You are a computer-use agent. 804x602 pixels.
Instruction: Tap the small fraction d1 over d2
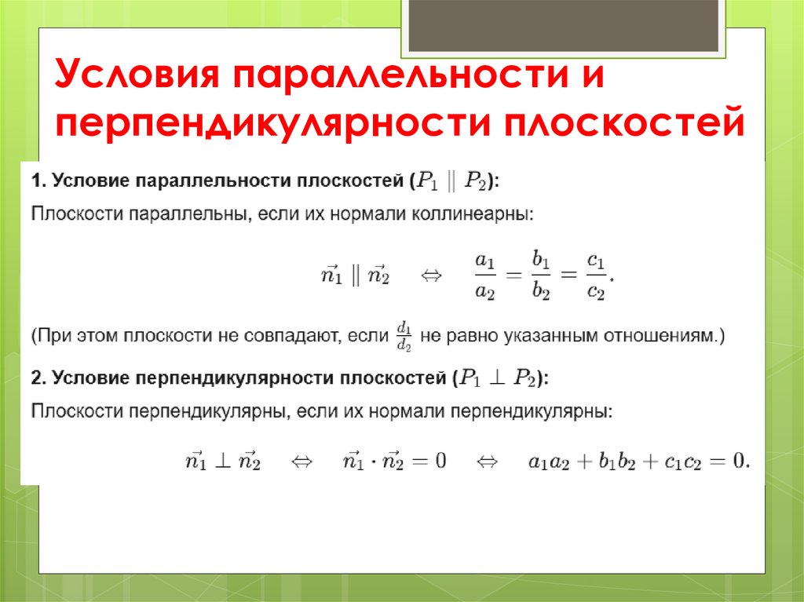pyautogui.click(x=404, y=336)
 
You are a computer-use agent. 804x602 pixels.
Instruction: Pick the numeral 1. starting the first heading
pyautogui.click(x=38, y=181)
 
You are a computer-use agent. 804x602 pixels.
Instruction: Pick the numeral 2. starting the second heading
pyautogui.click(x=38, y=378)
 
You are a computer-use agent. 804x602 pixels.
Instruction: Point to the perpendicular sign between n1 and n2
pyautogui.click(x=221, y=461)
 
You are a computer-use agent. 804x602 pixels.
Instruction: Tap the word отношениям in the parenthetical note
pyautogui.click(x=664, y=337)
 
